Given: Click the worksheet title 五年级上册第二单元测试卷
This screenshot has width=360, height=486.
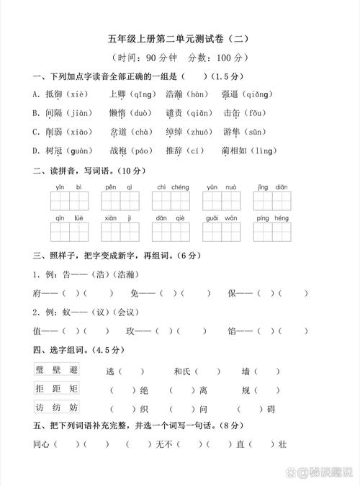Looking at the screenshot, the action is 180,38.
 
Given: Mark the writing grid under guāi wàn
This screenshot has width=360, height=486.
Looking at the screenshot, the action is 221,231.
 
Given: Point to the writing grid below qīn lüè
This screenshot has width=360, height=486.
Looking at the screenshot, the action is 69,231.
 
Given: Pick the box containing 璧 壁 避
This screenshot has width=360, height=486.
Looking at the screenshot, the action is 57,369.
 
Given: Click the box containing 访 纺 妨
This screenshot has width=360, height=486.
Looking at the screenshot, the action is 57,408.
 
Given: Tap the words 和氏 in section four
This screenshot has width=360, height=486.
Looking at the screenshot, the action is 182,372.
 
